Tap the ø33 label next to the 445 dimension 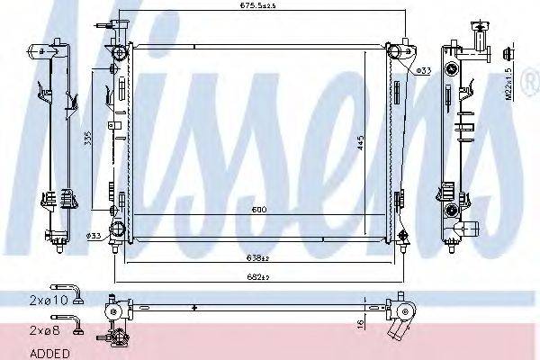click(x=426, y=69)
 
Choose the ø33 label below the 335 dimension click(x=93, y=236)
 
